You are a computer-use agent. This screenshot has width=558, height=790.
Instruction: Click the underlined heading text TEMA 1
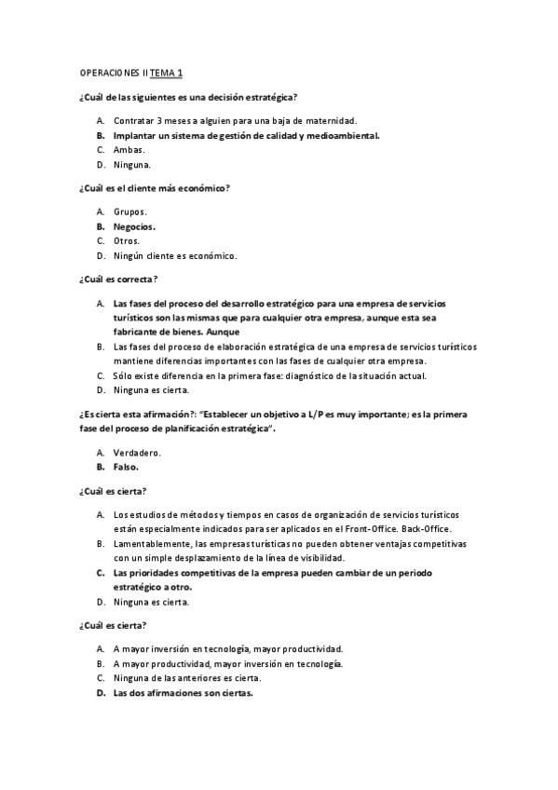pyautogui.click(x=167, y=72)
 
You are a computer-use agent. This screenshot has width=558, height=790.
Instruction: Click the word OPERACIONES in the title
pyautogui.click(x=108, y=72)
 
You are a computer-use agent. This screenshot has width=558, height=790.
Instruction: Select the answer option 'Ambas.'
pyautogui.click(x=129, y=149)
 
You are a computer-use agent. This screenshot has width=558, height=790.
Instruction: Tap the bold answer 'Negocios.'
pyautogui.click(x=134, y=225)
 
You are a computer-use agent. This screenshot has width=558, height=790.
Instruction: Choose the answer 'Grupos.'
pyautogui.click(x=130, y=211)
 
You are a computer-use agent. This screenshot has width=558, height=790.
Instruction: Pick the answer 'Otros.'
pyautogui.click(x=127, y=240)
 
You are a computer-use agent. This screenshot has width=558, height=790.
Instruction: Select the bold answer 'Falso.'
pyautogui.click(x=126, y=467)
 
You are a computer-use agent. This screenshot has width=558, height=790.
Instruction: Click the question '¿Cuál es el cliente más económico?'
pyautogui.click(x=155, y=187)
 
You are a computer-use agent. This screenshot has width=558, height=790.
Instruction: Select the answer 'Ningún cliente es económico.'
pyautogui.click(x=175, y=255)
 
